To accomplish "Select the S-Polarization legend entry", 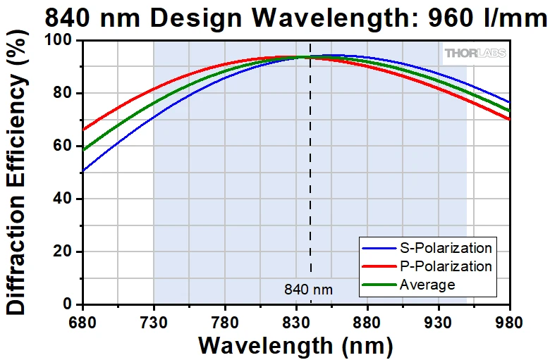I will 445,248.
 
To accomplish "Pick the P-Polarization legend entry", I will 445,266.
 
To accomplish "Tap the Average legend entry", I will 427,285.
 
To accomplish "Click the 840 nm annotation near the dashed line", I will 308,289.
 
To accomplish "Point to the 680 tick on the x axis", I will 83,322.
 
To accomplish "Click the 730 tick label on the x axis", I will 154,322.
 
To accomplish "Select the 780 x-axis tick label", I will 225,322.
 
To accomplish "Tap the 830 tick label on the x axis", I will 296,322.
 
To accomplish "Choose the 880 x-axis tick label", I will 367,322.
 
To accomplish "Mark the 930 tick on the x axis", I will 439,322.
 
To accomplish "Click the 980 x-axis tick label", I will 509,322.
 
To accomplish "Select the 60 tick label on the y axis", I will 66,147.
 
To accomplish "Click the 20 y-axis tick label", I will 66,252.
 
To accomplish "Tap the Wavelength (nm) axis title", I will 295,346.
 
